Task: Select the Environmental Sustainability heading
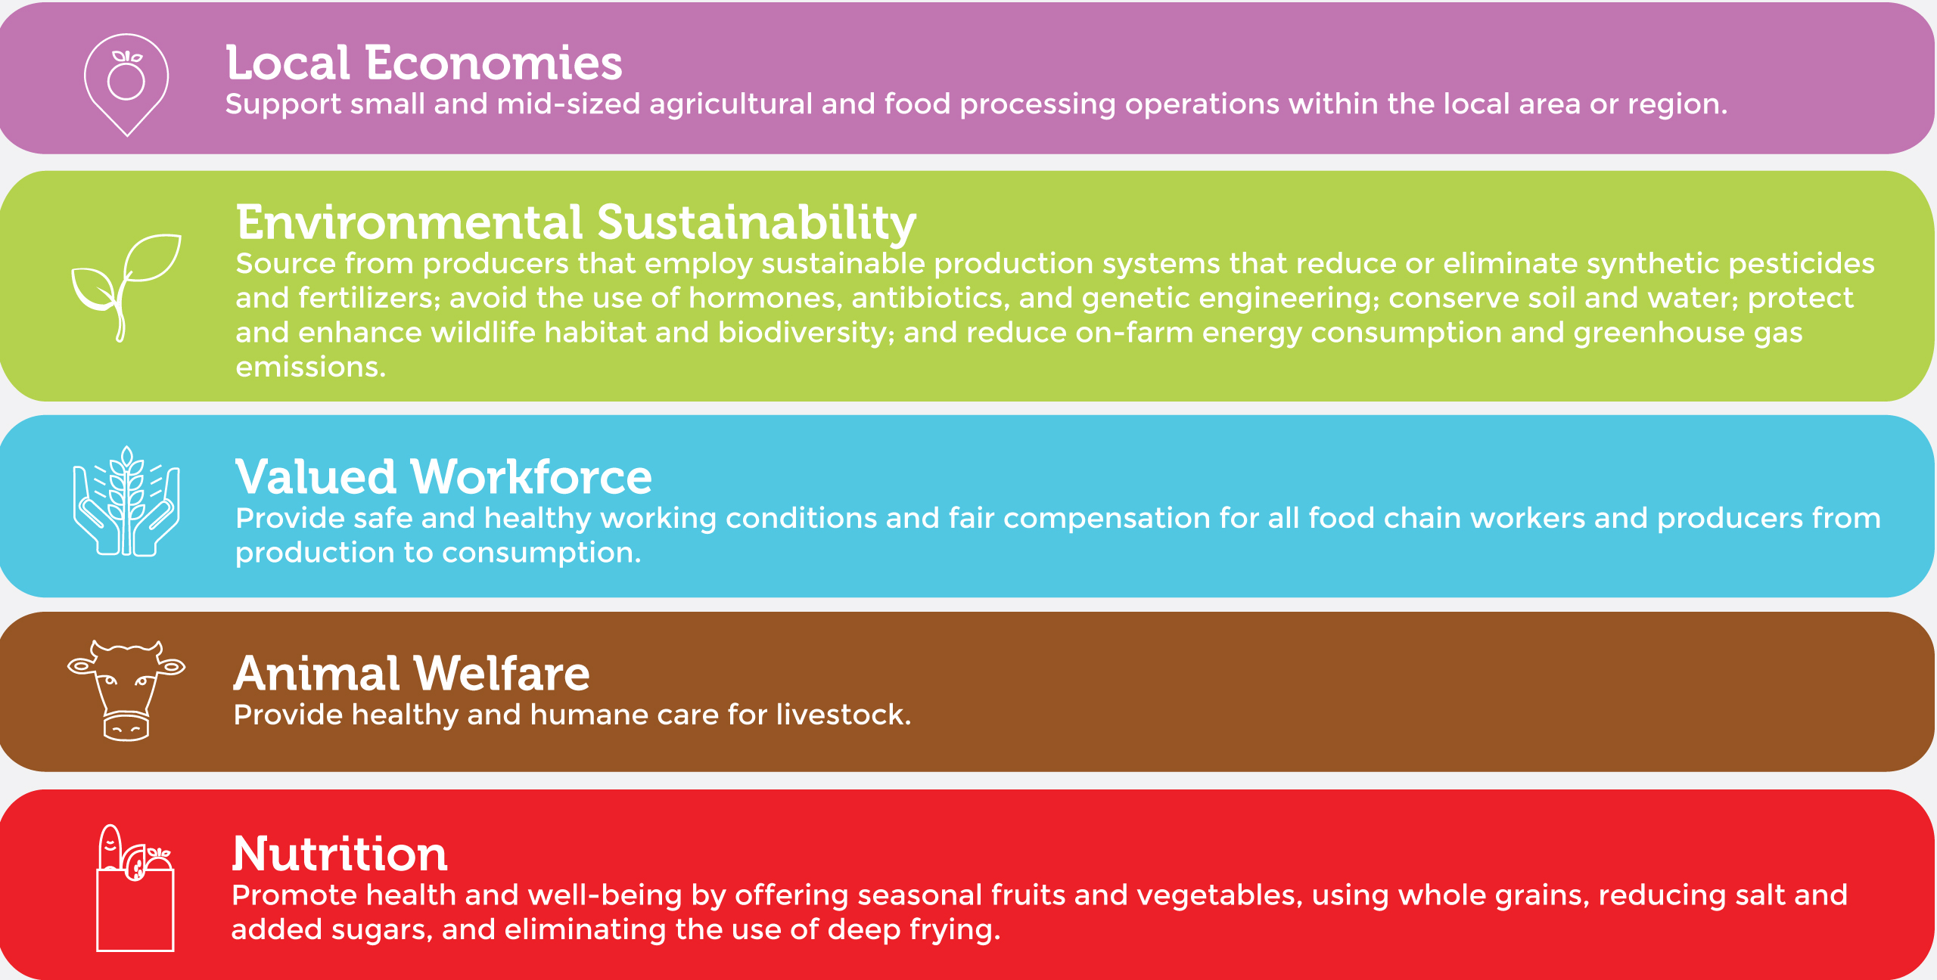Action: [x=576, y=224]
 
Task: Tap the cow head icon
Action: [x=126, y=690]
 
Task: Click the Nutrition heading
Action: [x=340, y=854]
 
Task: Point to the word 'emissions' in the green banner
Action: [x=311, y=367]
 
